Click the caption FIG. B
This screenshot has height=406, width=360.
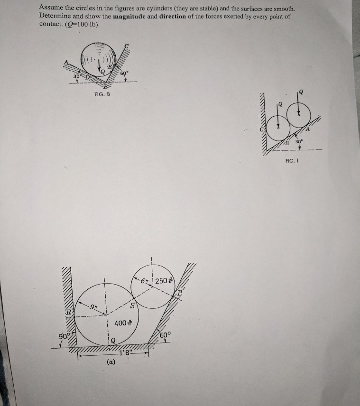tap(102, 94)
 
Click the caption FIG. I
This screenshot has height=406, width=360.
tap(292, 161)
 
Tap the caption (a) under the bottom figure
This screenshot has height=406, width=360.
tap(111, 362)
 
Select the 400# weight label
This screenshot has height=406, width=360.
tap(123, 323)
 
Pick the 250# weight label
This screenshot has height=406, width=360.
tap(164, 280)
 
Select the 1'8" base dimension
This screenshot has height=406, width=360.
tap(126, 352)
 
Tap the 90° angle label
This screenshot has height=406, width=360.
tap(64, 336)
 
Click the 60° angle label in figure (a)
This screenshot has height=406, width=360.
tap(165, 335)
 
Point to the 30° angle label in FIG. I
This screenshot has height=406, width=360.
tap(299, 142)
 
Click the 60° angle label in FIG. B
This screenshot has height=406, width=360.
tap(124, 73)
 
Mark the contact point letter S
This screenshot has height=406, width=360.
tap(132, 306)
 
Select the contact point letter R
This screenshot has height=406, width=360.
tap(69, 312)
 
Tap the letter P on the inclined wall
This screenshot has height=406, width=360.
tap(180, 293)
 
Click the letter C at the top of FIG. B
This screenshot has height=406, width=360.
tap(126, 46)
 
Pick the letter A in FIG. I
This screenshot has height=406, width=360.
tap(307, 129)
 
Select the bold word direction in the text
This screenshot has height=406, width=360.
tap(173, 16)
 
